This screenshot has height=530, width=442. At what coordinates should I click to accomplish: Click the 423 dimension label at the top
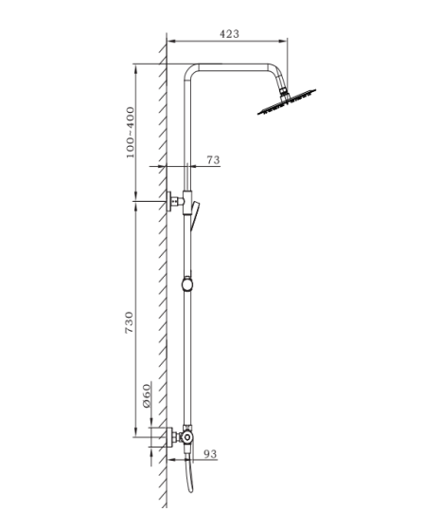point(229,33)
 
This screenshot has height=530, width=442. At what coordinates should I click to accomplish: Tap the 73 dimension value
point(213,160)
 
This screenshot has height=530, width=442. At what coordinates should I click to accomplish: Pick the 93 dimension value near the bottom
point(210,454)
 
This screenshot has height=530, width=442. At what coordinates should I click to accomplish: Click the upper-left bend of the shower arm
point(193,72)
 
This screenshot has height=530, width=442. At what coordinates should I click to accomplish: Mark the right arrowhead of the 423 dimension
point(284,41)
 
